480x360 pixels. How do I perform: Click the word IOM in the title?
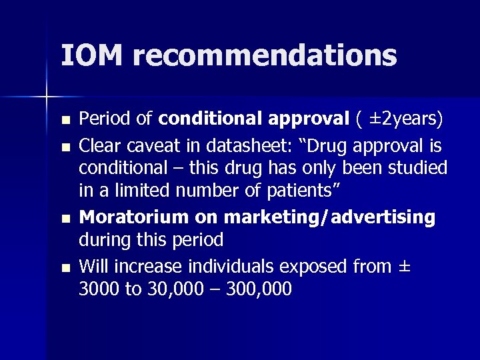[x=91, y=55]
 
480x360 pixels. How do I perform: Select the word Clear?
[x=100, y=145]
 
